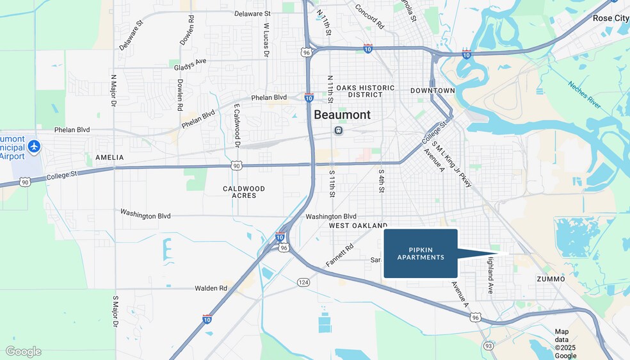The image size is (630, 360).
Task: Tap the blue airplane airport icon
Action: coord(35,147)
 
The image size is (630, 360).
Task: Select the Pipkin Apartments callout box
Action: coord(421,254)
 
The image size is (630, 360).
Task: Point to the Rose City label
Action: coord(610,18)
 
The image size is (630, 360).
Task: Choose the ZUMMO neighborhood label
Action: coord(551,279)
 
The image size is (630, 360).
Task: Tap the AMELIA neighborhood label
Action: coord(109,157)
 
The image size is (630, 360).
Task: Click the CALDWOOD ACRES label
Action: coord(244,192)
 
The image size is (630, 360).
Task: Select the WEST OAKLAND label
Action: coord(358,226)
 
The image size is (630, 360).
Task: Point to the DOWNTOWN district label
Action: coord(433,90)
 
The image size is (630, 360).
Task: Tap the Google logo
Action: coord(24,351)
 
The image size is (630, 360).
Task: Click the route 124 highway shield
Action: coord(303,282)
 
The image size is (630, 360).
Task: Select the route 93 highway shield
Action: coord(489,346)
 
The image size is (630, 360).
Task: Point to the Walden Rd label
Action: coord(211,288)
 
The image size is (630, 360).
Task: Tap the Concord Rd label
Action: coord(369,17)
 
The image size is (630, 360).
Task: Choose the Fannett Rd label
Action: coord(339,255)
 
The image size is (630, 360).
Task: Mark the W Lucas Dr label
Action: coord(266,40)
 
